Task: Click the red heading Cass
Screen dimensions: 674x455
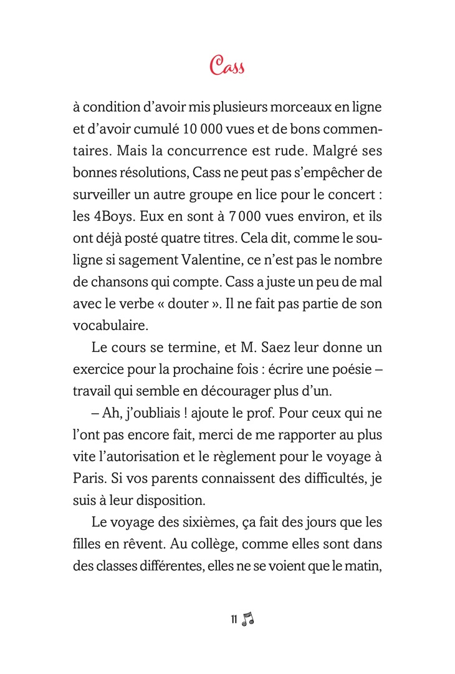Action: pos(227,65)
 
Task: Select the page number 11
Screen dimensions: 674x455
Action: pos(234,619)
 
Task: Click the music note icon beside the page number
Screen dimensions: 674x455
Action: pos(248,618)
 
